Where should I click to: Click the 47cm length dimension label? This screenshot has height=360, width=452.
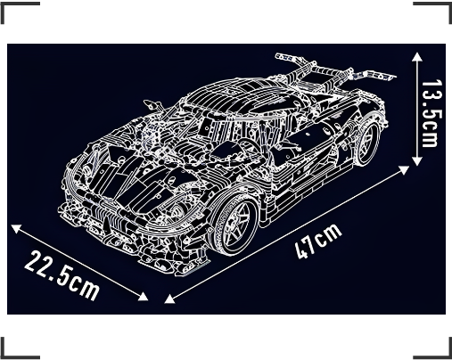pyautogui.click(x=318, y=241)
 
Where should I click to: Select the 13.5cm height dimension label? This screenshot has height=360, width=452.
pyautogui.click(x=430, y=113)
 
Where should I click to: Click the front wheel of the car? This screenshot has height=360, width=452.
pyautogui.click(x=234, y=225)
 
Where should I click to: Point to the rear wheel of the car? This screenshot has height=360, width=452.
pyautogui.click(x=367, y=143)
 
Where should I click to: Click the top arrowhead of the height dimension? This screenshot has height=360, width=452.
pyautogui.click(x=417, y=56)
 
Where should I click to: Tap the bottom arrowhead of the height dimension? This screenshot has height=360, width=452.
pyautogui.click(x=417, y=161)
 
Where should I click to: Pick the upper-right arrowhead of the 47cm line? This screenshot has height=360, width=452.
pyautogui.click(x=404, y=170)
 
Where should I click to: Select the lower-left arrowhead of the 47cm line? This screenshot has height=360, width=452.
pyautogui.click(x=169, y=299)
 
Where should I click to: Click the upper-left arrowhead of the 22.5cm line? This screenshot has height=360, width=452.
pyautogui.click(x=16, y=228)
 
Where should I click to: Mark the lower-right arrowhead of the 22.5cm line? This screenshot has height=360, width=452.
pyautogui.click(x=143, y=296)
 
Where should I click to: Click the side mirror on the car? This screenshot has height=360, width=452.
pyautogui.click(x=152, y=105)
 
